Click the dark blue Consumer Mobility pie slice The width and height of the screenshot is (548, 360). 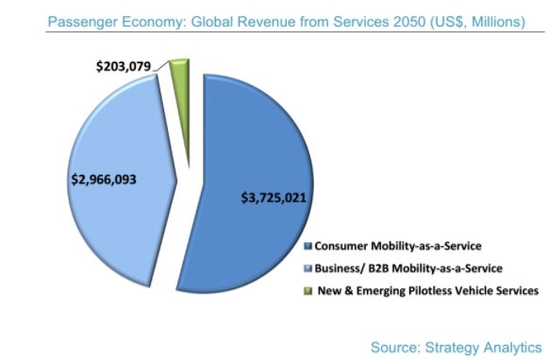click(x=255, y=141)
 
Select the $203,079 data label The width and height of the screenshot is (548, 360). click(x=123, y=67)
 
